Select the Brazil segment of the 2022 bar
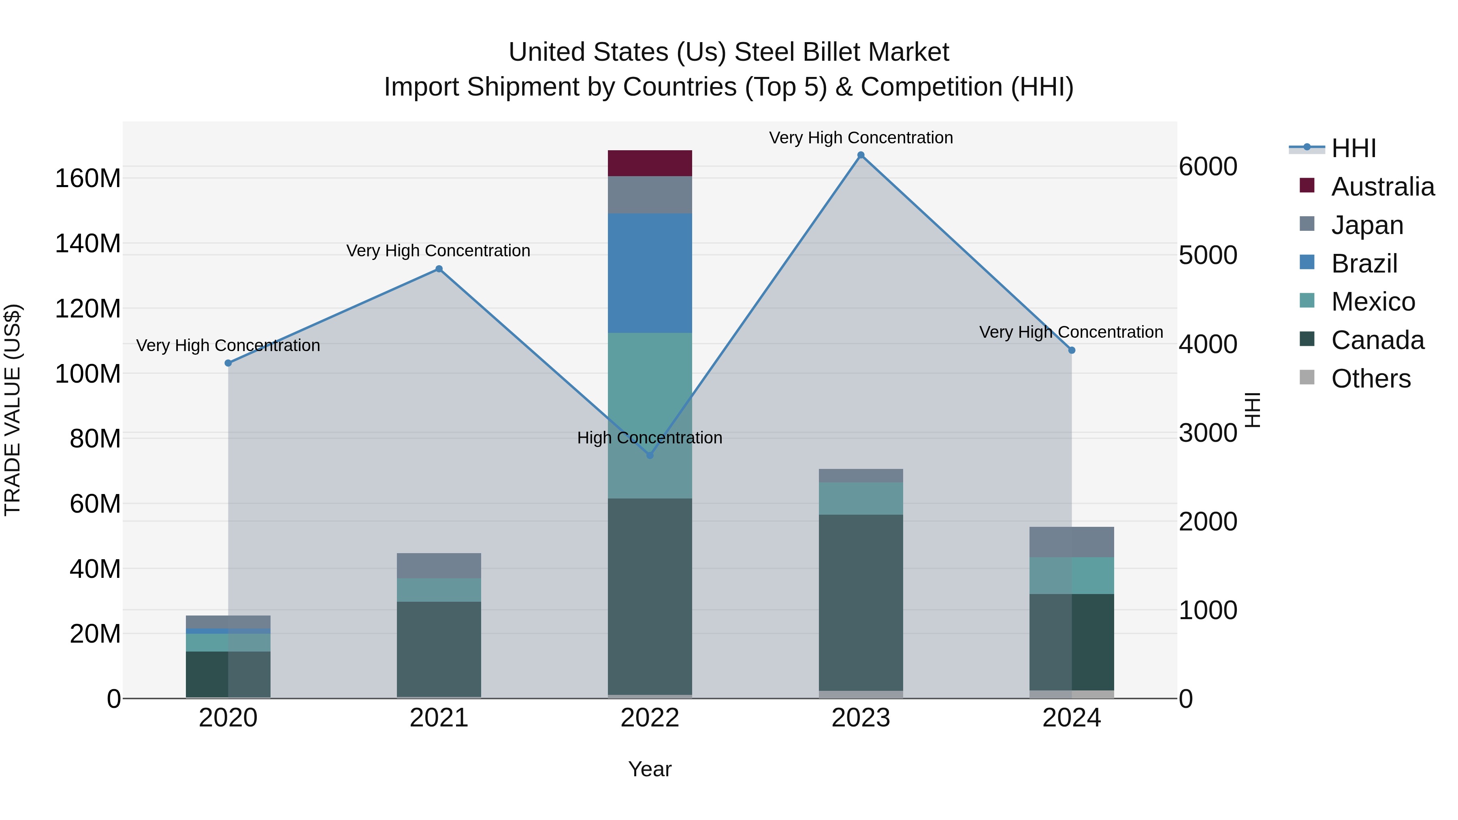pyautogui.click(x=650, y=273)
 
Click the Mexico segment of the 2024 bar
pyautogui.click(x=1071, y=575)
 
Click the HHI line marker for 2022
pyautogui.click(x=650, y=455)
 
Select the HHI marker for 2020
pyautogui.click(x=228, y=363)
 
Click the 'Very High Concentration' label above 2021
pyautogui.click(x=438, y=251)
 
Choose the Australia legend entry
pyautogui.click(x=1382, y=187)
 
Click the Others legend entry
pyautogui.click(x=1370, y=379)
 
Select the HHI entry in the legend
pyautogui.click(x=1353, y=148)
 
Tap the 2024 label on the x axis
pyautogui.click(x=1071, y=718)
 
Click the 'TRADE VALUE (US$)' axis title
pyautogui.click(x=13, y=410)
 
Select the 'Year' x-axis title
pyautogui.click(x=650, y=769)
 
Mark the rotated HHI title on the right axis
pyautogui.click(x=1253, y=410)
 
